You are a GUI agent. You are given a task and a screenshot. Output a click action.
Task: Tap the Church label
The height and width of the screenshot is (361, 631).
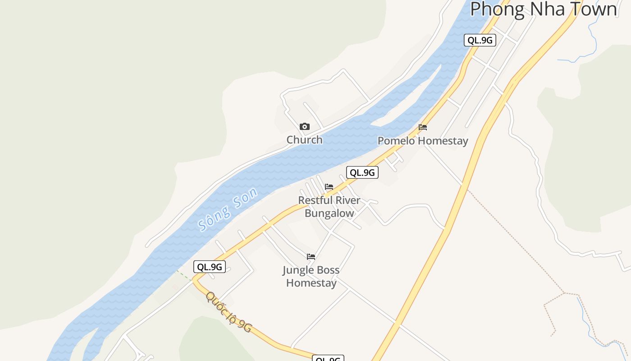click(305, 140)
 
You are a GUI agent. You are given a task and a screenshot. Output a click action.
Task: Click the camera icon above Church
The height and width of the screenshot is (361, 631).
click(305, 127)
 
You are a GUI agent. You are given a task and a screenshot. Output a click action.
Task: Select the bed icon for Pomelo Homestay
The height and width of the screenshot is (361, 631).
click(423, 127)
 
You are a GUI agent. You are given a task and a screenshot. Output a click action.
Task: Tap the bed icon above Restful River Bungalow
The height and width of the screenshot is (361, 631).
click(329, 187)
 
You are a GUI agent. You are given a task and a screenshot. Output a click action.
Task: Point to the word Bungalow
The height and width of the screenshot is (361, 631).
click(329, 213)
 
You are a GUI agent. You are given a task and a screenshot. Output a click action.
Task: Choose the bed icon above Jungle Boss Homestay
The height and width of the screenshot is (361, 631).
click(311, 257)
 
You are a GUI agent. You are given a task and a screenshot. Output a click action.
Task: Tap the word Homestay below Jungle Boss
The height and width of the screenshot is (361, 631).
click(311, 283)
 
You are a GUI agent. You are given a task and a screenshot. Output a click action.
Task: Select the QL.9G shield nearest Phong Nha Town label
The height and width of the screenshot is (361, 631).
click(480, 40)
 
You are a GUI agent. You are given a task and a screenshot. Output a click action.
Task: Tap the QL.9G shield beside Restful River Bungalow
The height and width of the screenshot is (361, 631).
click(362, 172)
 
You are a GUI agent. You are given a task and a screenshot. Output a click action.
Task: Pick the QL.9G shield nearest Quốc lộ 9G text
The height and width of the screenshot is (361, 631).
click(210, 267)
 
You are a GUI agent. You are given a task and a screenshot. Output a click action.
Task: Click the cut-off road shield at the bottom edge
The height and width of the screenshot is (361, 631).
click(328, 358)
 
